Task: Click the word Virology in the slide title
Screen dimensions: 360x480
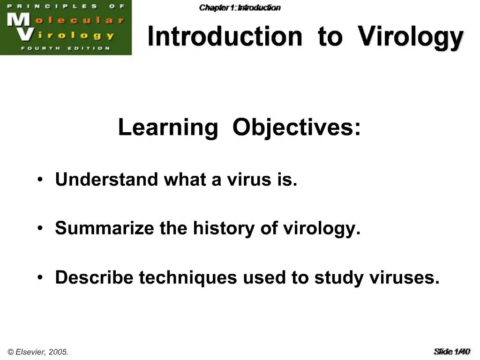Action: point(411,37)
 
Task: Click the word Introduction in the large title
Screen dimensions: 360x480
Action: point(225,37)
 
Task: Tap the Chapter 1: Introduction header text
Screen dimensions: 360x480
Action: point(240,7)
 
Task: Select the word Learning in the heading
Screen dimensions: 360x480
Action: point(168,127)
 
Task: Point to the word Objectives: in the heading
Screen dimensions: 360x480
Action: point(297,127)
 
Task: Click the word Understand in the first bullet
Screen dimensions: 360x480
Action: point(106,180)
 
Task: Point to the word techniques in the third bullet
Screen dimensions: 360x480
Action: point(188,277)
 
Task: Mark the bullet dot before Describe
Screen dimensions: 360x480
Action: point(42,278)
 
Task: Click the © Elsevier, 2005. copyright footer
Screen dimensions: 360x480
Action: point(38,352)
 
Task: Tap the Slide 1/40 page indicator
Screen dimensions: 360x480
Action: point(451,351)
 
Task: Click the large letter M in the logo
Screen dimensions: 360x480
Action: point(17,21)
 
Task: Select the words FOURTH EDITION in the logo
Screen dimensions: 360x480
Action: point(65,48)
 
